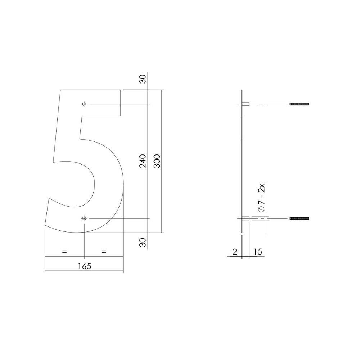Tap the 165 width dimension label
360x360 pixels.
coord(84,266)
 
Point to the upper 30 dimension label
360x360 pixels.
coord(143,79)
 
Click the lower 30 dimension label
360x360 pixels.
coord(143,243)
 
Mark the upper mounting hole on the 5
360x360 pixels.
coord(84,104)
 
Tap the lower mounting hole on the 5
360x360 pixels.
coord(84,219)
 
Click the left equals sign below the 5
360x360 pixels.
coord(64,251)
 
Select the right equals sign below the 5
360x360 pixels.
coord(104,251)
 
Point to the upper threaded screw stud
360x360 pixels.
coord(299,104)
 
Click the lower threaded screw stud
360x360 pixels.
coord(299,219)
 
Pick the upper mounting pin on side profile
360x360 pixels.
coord(247,104)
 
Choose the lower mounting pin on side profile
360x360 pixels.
coord(247,219)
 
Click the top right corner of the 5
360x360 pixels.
coord(120,90)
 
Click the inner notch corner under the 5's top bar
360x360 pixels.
coord(82,116)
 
